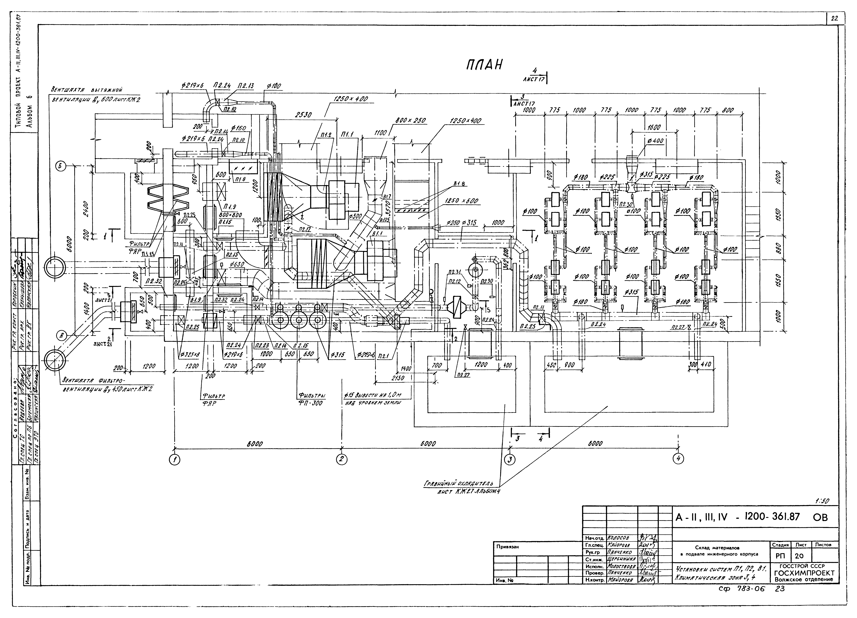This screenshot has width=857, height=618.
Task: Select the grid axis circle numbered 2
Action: pos(342,459)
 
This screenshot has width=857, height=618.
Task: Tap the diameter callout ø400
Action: pos(655,141)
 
